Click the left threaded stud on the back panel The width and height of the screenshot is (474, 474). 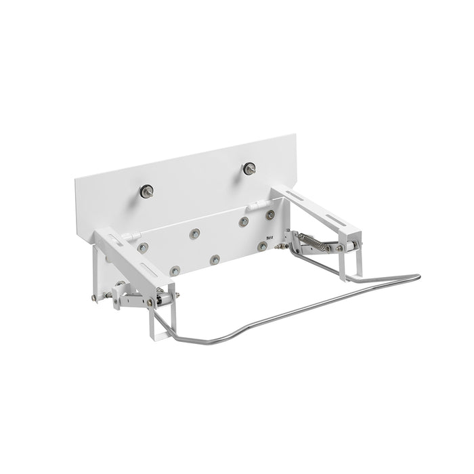click(146, 191)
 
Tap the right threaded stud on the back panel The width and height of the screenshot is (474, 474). click(250, 169)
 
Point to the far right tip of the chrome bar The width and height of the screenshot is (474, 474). click(418, 276)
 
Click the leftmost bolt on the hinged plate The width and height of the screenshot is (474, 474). click(143, 247)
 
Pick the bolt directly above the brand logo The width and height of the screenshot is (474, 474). click(271, 215)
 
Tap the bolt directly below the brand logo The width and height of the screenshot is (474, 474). click(261, 246)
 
